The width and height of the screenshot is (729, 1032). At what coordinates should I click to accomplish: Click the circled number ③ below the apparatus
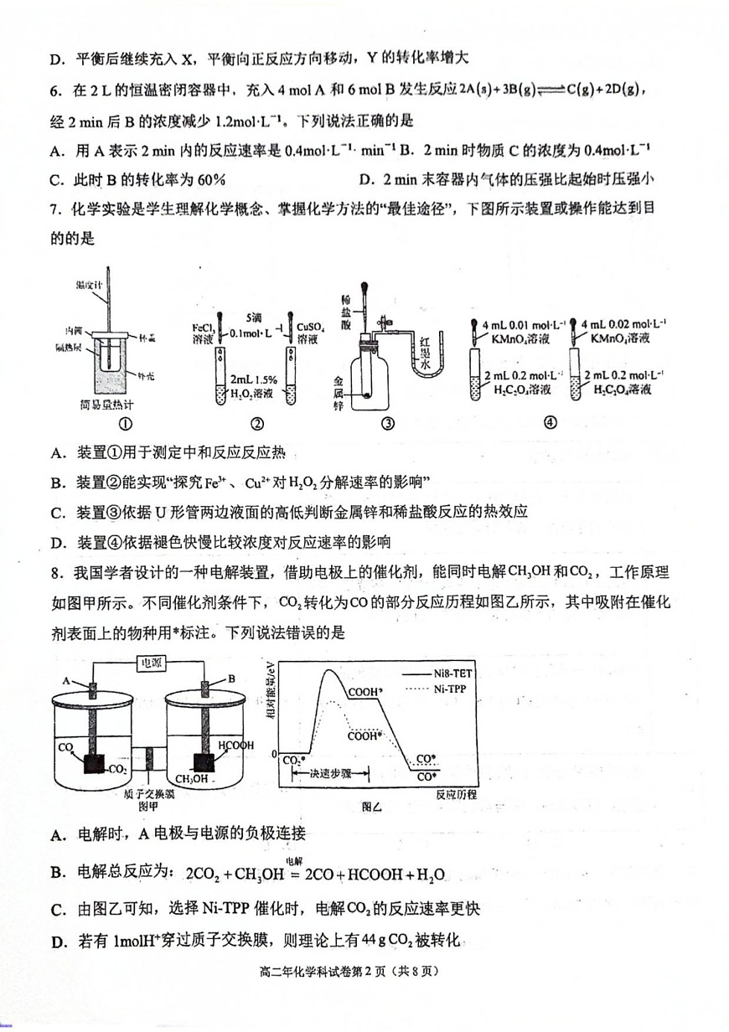click(387, 423)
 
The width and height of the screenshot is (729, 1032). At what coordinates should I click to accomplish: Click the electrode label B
click(230, 679)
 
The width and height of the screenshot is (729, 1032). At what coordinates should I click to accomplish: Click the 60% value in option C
click(209, 179)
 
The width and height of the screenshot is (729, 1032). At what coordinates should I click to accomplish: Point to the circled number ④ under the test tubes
click(550, 423)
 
